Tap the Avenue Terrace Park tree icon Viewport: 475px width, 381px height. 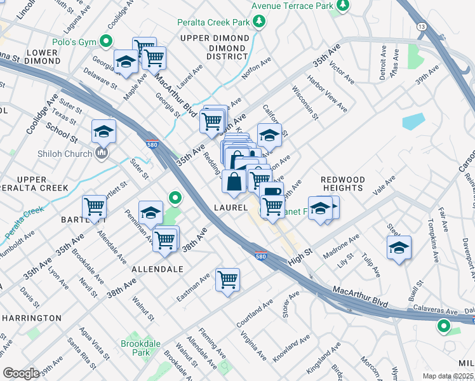coord(343,6)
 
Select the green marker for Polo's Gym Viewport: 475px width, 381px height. coord(106,42)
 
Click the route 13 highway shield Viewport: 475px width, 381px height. coord(421,26)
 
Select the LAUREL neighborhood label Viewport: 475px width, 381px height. coord(230,208)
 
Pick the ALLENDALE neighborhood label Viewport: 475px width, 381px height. coord(157,269)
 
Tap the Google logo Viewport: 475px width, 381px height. coord(21,373)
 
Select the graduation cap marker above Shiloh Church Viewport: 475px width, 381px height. coord(104,131)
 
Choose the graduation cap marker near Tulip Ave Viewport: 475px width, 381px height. coord(399,248)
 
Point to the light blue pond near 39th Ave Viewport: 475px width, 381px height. coord(413,121)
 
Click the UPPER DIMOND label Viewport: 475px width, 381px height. coord(215,38)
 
